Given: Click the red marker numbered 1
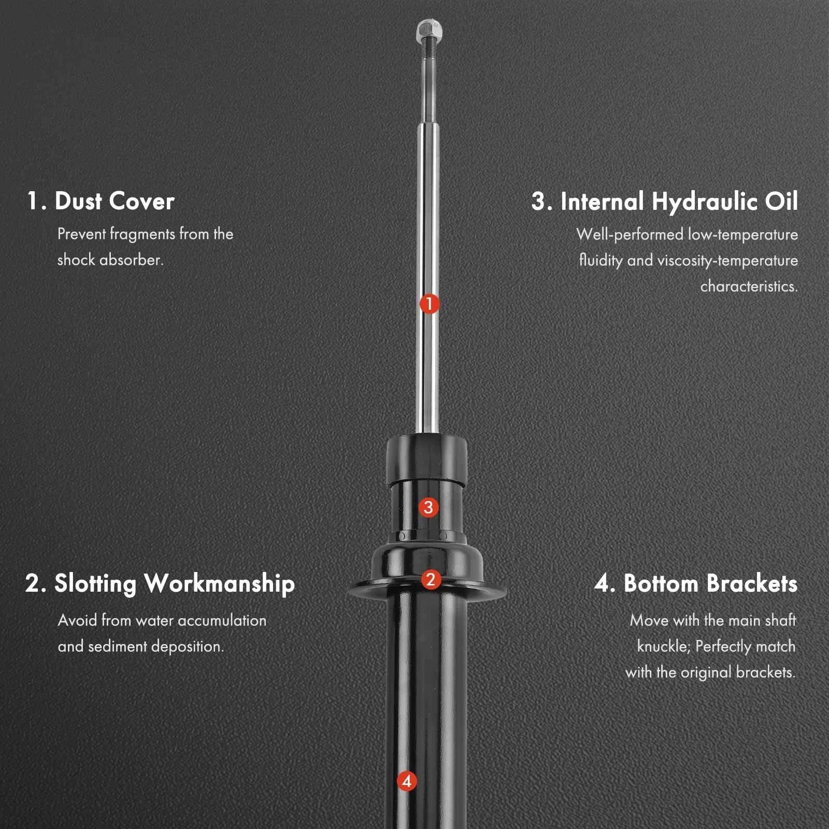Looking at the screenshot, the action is (429, 304).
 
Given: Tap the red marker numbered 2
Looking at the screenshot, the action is (431, 579).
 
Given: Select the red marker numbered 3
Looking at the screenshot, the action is (428, 507).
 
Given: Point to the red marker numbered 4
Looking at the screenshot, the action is (407, 781).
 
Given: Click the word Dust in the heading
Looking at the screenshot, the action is (78, 201).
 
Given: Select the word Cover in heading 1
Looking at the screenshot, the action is (142, 202).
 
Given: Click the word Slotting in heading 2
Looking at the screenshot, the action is (95, 584).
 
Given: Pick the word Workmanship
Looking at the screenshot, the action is (220, 584).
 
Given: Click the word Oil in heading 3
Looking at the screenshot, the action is (781, 201).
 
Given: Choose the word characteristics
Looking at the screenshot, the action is (749, 286).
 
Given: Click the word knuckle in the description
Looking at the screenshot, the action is (663, 647).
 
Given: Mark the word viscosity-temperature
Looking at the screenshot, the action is (727, 260).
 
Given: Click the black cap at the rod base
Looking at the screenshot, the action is (427, 460).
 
